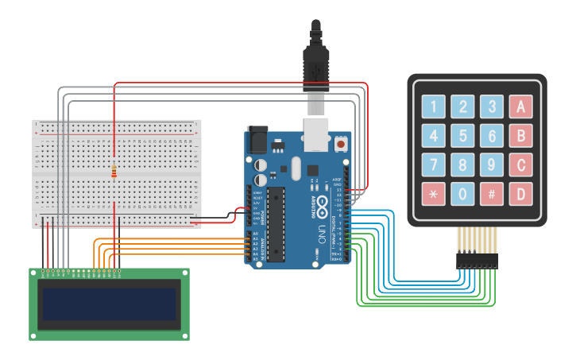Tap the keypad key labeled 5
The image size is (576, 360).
point(462,135)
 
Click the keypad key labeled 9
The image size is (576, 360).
point(492,165)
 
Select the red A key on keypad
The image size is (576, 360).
point(520,106)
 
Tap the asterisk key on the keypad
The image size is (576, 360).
point(433,194)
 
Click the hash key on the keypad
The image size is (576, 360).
point(492,194)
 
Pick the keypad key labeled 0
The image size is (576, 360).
point(462,194)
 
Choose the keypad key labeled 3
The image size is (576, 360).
point(492,106)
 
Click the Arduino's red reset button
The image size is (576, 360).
point(342,144)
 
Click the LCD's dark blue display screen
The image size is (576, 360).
point(109,304)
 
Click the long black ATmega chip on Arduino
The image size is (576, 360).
point(275,224)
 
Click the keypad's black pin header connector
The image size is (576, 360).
point(477,260)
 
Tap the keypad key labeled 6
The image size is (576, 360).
point(492,135)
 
